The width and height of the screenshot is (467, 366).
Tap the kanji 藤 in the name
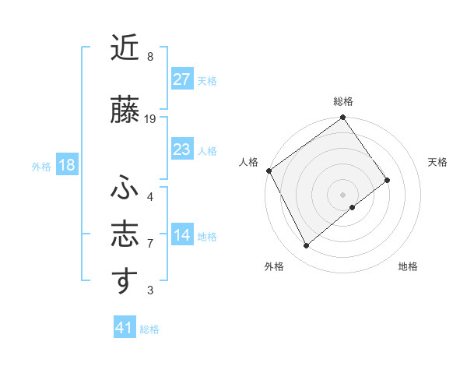[x=125, y=111]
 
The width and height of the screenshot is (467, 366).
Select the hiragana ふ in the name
[x=125, y=188]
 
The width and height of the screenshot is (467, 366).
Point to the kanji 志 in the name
[x=125, y=234]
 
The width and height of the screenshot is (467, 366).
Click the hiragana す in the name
[x=125, y=281]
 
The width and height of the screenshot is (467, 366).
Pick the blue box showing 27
[x=182, y=79]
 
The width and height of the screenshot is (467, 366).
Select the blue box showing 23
[x=182, y=150]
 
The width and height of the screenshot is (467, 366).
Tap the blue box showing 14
[x=182, y=236]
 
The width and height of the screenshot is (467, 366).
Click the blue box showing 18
[x=66, y=166]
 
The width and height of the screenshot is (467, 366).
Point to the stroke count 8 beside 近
[x=150, y=57]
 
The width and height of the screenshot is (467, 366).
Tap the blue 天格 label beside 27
[x=207, y=80]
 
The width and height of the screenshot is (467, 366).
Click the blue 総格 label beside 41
[x=149, y=329]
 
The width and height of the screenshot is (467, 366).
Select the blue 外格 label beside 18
[x=41, y=167]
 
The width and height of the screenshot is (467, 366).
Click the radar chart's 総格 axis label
[x=343, y=101]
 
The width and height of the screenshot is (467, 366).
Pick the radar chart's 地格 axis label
[x=408, y=266]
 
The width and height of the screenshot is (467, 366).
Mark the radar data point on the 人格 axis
[x=269, y=171]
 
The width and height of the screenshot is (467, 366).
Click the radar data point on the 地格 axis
[x=353, y=207]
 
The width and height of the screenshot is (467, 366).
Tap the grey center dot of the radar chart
[x=342, y=194]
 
